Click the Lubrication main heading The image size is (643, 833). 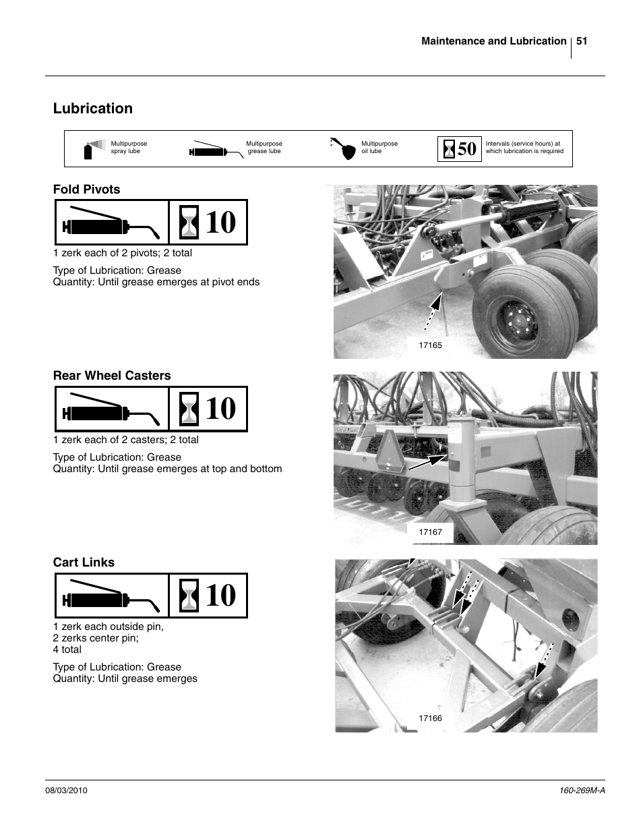pyautogui.click(x=93, y=109)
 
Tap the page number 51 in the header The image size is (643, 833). pyautogui.click(x=582, y=41)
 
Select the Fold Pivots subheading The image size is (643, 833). pyautogui.click(x=86, y=190)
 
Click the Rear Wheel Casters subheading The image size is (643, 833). pyautogui.click(x=112, y=376)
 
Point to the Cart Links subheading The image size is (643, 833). pyautogui.click(x=84, y=563)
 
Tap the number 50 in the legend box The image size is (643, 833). pyautogui.click(x=466, y=149)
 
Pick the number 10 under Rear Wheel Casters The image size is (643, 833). pyautogui.click(x=220, y=409)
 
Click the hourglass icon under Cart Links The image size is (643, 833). pyautogui.click(x=189, y=596)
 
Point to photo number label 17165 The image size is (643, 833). pyautogui.click(x=430, y=345)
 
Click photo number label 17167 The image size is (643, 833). pyautogui.click(x=430, y=532)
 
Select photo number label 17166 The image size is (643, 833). pyautogui.click(x=430, y=718)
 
